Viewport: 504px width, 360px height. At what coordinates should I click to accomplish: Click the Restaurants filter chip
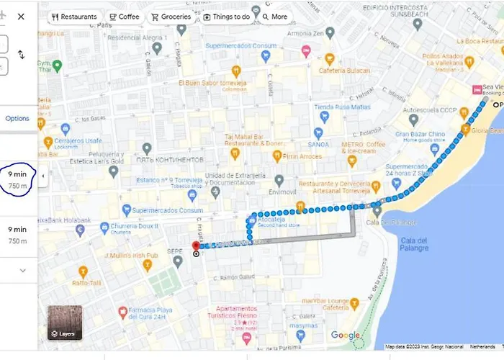(x=75, y=17)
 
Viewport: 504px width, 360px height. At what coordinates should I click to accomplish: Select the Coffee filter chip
(x=124, y=17)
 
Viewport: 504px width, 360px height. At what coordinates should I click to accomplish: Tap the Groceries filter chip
(x=171, y=17)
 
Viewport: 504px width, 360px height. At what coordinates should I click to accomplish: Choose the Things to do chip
(x=226, y=17)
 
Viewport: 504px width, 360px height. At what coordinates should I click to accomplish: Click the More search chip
(x=274, y=17)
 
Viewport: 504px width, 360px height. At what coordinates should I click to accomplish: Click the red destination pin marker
(x=196, y=247)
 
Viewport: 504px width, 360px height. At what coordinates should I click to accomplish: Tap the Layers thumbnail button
(x=65, y=323)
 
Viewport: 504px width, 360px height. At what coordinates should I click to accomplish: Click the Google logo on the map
(x=346, y=335)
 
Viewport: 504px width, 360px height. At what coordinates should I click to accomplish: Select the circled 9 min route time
(x=17, y=180)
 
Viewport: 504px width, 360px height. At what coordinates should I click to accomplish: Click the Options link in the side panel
(x=17, y=118)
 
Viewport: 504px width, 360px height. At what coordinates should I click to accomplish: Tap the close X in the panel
(x=21, y=16)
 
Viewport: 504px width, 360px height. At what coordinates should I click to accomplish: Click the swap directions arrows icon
(x=21, y=55)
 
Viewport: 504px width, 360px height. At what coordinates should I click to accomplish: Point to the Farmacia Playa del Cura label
(x=157, y=313)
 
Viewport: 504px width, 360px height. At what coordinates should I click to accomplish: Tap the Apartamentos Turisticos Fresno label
(x=247, y=312)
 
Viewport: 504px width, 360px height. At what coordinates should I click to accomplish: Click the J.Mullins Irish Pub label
(x=130, y=255)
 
